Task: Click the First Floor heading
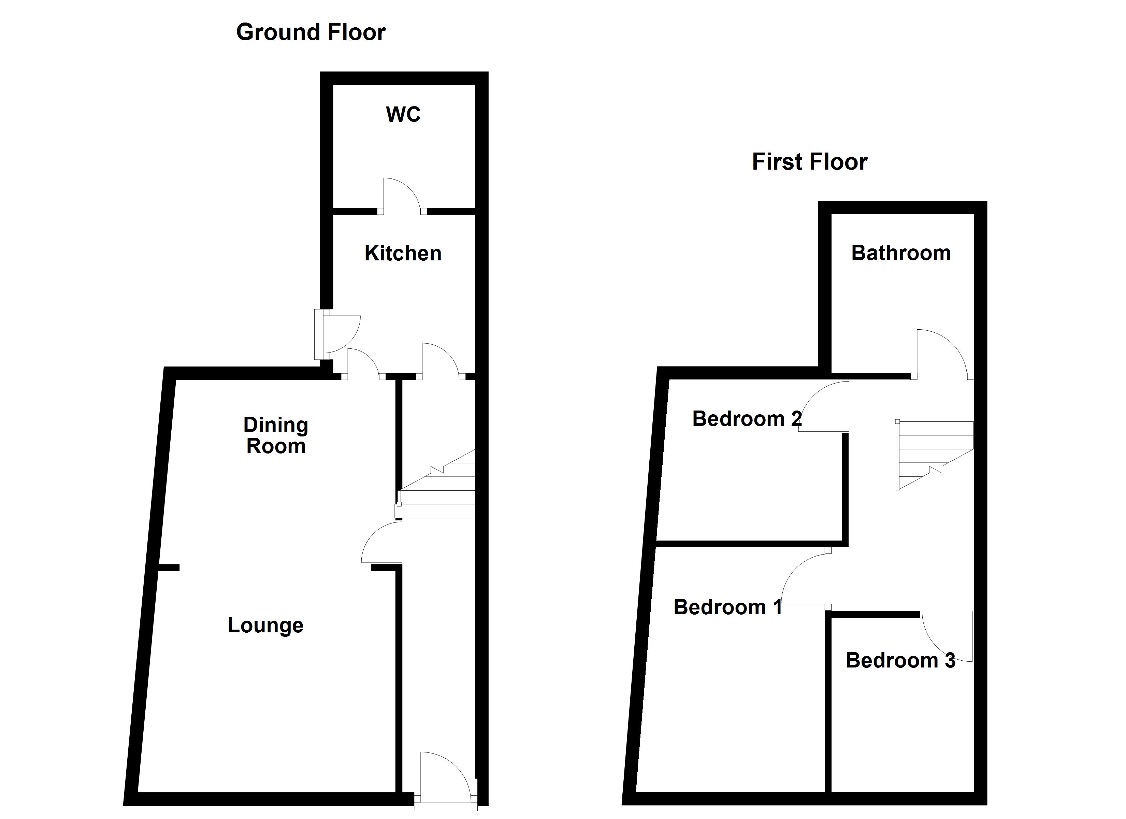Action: tap(809, 162)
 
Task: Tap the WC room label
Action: tap(403, 115)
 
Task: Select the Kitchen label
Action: tap(403, 253)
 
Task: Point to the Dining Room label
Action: tap(276, 435)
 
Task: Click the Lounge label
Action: tap(265, 625)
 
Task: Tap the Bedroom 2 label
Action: tap(747, 419)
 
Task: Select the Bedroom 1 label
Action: tap(727, 607)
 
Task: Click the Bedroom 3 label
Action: tap(900, 660)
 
